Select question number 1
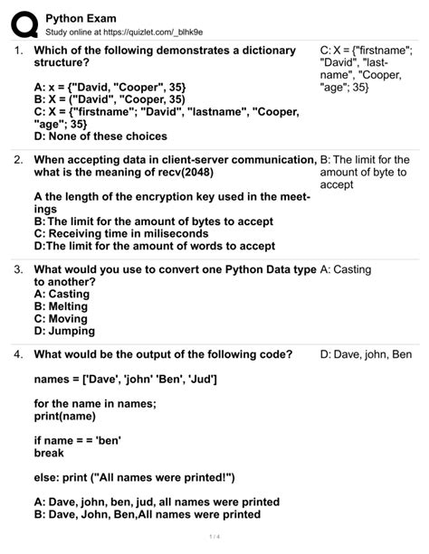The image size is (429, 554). click(18, 51)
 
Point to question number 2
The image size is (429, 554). click(18, 159)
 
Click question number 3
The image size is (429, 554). click(18, 268)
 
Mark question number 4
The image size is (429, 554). click(18, 353)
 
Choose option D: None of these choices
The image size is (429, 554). click(100, 136)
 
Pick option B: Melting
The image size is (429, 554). click(63, 306)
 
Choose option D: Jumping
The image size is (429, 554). click(65, 331)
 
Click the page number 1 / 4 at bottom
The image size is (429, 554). click(214, 540)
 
